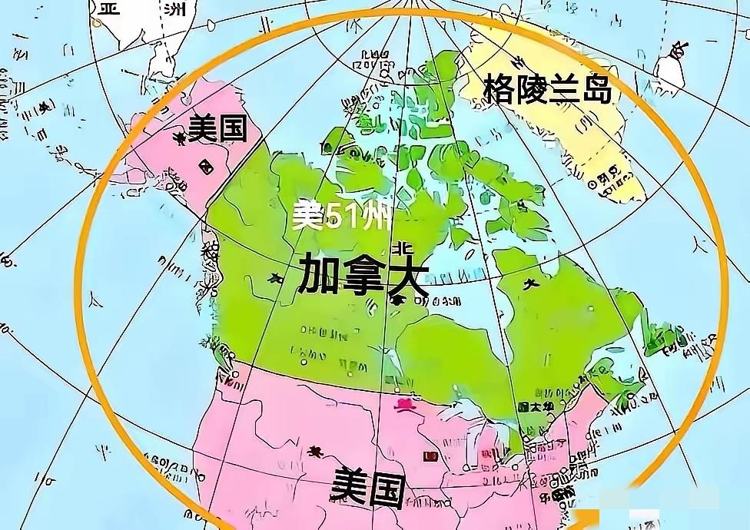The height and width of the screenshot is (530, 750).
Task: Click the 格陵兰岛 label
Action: pos(548,90)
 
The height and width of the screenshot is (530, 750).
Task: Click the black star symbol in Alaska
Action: pos(180,138)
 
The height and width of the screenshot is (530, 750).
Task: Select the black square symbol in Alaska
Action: pos(205,166)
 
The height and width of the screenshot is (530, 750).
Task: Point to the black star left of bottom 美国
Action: pos(315,451)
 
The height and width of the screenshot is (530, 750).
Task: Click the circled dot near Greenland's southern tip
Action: pos(592,184)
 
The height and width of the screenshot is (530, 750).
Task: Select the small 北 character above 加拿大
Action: pos(400,250)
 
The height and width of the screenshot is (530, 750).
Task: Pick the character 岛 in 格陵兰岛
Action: pos(596,90)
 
